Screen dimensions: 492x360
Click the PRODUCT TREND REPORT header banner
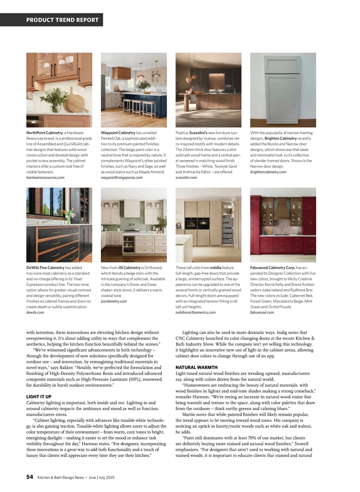(62, 20)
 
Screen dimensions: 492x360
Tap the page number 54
(30, 477)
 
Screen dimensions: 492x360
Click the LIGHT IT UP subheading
(39, 397)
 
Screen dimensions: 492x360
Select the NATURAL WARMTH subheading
(196, 367)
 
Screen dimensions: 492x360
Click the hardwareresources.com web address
(45, 177)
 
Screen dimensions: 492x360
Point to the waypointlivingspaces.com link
(122, 177)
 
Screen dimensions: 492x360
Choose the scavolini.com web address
(186, 177)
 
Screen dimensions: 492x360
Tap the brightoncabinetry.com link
(268, 172)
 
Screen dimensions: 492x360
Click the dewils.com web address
(35, 312)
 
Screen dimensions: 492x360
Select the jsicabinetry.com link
(114, 301)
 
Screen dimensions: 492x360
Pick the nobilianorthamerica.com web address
(196, 312)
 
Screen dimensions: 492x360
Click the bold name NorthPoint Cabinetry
(44, 133)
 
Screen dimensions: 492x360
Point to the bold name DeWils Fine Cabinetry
(45, 267)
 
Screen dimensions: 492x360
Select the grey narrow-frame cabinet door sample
(283, 90)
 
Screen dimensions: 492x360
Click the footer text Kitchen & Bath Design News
(61, 477)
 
